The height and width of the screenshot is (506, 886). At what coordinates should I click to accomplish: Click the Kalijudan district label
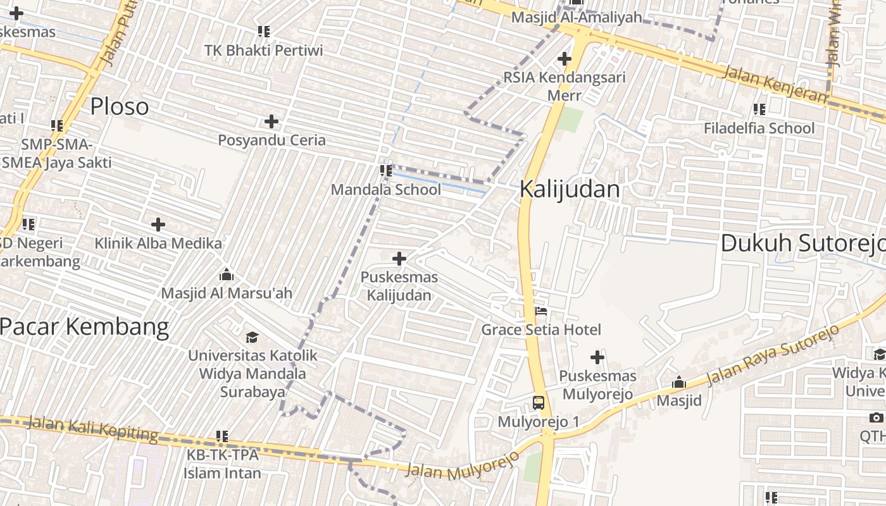tap(570, 189)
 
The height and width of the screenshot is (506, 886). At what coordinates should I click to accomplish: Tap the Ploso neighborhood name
tap(120, 106)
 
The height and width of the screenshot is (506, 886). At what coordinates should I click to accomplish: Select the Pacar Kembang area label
tap(84, 326)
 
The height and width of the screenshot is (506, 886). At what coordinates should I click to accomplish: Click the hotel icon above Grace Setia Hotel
tap(541, 311)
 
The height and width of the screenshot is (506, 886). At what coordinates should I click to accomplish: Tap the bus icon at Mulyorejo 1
tap(539, 402)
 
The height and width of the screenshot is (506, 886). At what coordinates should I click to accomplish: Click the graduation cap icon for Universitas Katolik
tap(253, 337)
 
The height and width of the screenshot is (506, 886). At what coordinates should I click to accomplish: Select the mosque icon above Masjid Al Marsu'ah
tap(226, 275)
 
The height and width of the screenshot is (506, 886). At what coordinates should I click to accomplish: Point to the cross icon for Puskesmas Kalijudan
tap(399, 259)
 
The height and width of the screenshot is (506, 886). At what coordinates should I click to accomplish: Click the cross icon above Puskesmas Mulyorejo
tap(597, 357)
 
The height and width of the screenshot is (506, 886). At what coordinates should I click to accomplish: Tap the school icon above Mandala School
tap(386, 171)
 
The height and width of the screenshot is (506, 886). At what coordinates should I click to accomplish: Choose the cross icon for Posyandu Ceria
tap(271, 121)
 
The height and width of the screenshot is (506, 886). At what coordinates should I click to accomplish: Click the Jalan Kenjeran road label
tap(775, 83)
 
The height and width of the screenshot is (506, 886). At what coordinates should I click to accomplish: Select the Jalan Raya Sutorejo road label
tap(772, 355)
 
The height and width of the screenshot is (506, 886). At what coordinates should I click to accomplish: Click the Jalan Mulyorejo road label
tap(462, 464)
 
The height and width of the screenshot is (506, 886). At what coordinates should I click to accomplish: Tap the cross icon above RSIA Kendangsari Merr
tap(564, 59)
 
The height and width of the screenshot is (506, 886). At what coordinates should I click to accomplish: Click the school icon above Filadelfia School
tap(759, 109)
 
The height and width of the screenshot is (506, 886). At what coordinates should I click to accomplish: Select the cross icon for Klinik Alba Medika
tap(158, 225)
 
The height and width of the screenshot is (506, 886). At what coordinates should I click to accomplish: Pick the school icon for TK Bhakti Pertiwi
tap(264, 32)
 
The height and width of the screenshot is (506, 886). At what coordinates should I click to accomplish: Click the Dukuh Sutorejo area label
tap(802, 243)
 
